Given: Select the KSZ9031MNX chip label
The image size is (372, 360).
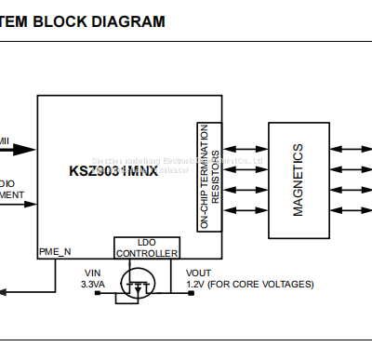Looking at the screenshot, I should coord(114,170).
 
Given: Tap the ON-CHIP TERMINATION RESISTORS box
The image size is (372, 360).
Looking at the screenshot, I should coord(209,177).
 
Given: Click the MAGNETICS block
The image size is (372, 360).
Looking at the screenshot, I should coord(298,179).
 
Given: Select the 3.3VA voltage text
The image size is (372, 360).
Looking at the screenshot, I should coord(94,284).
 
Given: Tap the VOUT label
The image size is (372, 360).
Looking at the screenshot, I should coord(198,273).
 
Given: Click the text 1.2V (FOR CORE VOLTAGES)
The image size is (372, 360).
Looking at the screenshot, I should coord(249,284).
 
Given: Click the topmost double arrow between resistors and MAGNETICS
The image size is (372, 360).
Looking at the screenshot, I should coord(245,148).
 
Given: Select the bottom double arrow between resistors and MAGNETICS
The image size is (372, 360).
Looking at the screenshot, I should coord(245,210).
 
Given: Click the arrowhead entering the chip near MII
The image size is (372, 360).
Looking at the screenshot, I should coord(31,149).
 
